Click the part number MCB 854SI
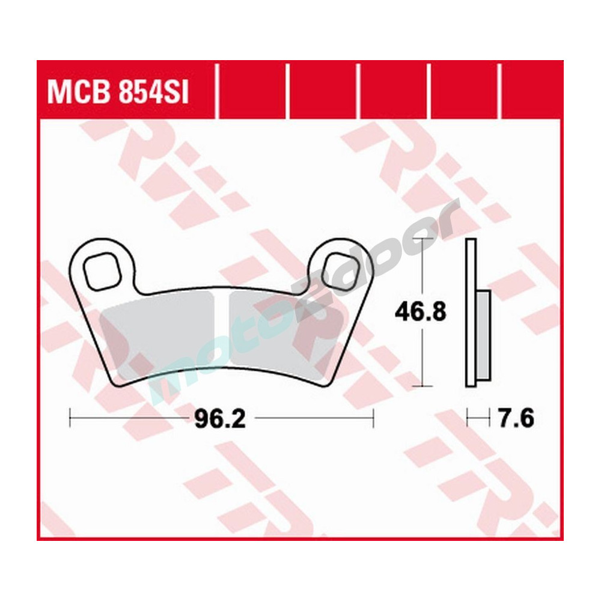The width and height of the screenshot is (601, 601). point(118,94)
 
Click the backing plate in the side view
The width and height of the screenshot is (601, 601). point(471,313)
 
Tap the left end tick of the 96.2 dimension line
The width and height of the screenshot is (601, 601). point(70,418)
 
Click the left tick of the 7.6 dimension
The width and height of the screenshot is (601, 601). point(468,417)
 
